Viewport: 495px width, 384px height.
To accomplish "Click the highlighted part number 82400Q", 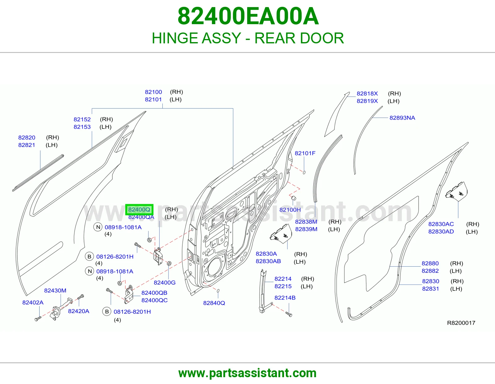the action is pyautogui.click(x=139, y=210).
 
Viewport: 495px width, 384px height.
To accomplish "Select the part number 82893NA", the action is pyautogui.click(x=402, y=118).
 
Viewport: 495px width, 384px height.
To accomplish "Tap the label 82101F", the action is pyautogui.click(x=305, y=153).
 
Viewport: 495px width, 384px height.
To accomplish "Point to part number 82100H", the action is pyautogui.click(x=290, y=210).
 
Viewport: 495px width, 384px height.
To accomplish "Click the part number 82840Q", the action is pyautogui.click(x=214, y=303).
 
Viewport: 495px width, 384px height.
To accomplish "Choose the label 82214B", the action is pyautogui.click(x=285, y=298).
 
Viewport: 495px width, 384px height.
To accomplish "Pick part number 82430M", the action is pyautogui.click(x=55, y=290).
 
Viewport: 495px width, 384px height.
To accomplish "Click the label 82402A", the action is pyautogui.click(x=33, y=303).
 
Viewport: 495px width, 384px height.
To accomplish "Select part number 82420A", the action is pyautogui.click(x=79, y=311).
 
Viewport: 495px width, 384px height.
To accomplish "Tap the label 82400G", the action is pyautogui.click(x=165, y=283).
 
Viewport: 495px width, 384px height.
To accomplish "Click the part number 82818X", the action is pyautogui.click(x=367, y=94).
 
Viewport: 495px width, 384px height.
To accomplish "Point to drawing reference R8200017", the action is pyautogui.click(x=461, y=323).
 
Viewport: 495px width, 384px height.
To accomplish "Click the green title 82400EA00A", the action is pyautogui.click(x=248, y=16).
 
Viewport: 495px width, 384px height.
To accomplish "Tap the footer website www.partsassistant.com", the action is pyautogui.click(x=247, y=373).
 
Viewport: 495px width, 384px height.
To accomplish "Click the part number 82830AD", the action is pyautogui.click(x=441, y=232).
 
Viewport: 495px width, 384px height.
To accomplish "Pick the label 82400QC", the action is pyautogui.click(x=154, y=300).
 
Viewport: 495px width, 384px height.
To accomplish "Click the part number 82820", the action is pyautogui.click(x=27, y=137).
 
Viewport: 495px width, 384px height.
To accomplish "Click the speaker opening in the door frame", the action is pyautogui.click(x=214, y=268).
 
